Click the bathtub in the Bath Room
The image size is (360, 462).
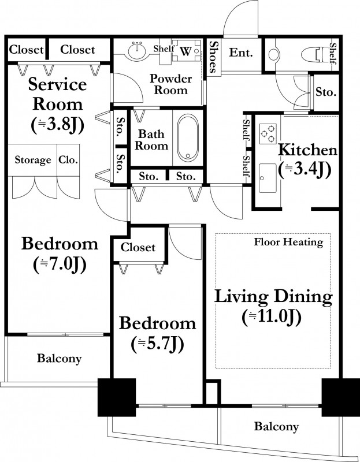(x=188, y=137)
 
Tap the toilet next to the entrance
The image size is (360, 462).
(x=315, y=55)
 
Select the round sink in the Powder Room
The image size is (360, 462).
(x=138, y=51)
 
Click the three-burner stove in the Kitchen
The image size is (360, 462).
(x=268, y=134)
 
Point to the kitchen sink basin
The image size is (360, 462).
(x=268, y=178)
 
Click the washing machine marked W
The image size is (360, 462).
(x=186, y=50)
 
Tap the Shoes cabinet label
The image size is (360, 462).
(x=213, y=57)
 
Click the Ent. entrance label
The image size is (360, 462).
(x=241, y=53)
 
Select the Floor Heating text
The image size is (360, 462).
(x=289, y=242)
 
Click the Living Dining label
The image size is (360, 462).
(x=273, y=296)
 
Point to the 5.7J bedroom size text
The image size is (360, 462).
(x=157, y=344)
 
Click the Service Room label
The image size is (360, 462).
(x=57, y=94)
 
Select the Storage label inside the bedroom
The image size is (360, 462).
(x=33, y=160)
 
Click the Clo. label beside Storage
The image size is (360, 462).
(x=68, y=160)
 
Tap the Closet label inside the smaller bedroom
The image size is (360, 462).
(x=138, y=247)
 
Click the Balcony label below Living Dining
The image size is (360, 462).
(x=276, y=426)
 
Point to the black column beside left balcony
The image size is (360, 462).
(x=117, y=397)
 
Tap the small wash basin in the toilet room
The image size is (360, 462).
(x=274, y=55)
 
